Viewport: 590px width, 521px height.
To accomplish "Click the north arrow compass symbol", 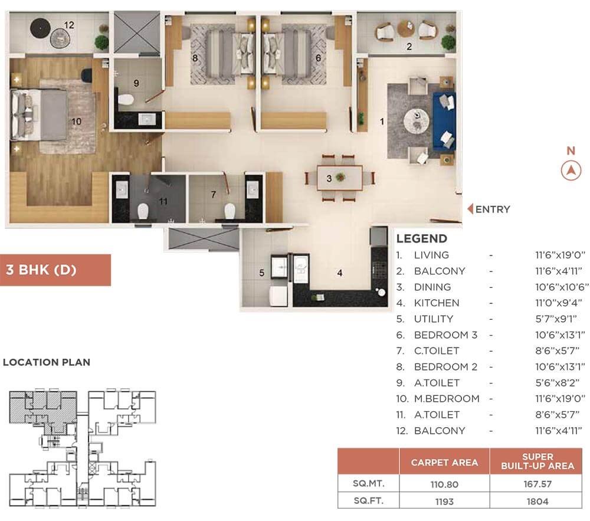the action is tap(571, 171).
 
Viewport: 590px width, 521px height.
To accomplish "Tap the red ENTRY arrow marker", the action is tap(470, 209).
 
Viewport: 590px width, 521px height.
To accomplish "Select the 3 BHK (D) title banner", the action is tap(55, 270).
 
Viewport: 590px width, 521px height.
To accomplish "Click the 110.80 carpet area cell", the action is tap(444, 484).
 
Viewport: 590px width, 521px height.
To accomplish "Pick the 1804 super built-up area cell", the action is tap(537, 501).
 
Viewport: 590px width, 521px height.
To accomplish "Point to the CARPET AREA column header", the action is tap(444, 463).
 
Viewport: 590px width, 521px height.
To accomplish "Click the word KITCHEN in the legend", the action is tap(437, 303).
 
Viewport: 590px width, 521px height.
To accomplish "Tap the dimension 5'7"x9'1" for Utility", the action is tap(556, 319).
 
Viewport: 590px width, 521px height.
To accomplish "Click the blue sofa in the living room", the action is tap(444, 121).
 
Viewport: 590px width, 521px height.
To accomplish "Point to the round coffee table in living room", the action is tap(416, 121).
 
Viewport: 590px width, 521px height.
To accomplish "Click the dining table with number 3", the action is tap(340, 178).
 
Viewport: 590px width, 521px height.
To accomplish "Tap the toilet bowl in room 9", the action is tap(126, 100).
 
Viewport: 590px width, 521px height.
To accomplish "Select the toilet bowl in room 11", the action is tap(143, 211).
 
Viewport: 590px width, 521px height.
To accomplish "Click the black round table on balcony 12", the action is tap(40, 28).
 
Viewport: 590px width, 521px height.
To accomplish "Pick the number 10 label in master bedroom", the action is tap(76, 122).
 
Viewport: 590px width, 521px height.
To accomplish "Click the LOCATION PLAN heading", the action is tap(47, 362).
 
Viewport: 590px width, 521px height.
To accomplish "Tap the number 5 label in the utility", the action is tap(262, 273).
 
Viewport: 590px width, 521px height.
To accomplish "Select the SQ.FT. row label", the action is tap(368, 501).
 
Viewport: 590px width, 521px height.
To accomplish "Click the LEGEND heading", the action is tap(422, 238).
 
